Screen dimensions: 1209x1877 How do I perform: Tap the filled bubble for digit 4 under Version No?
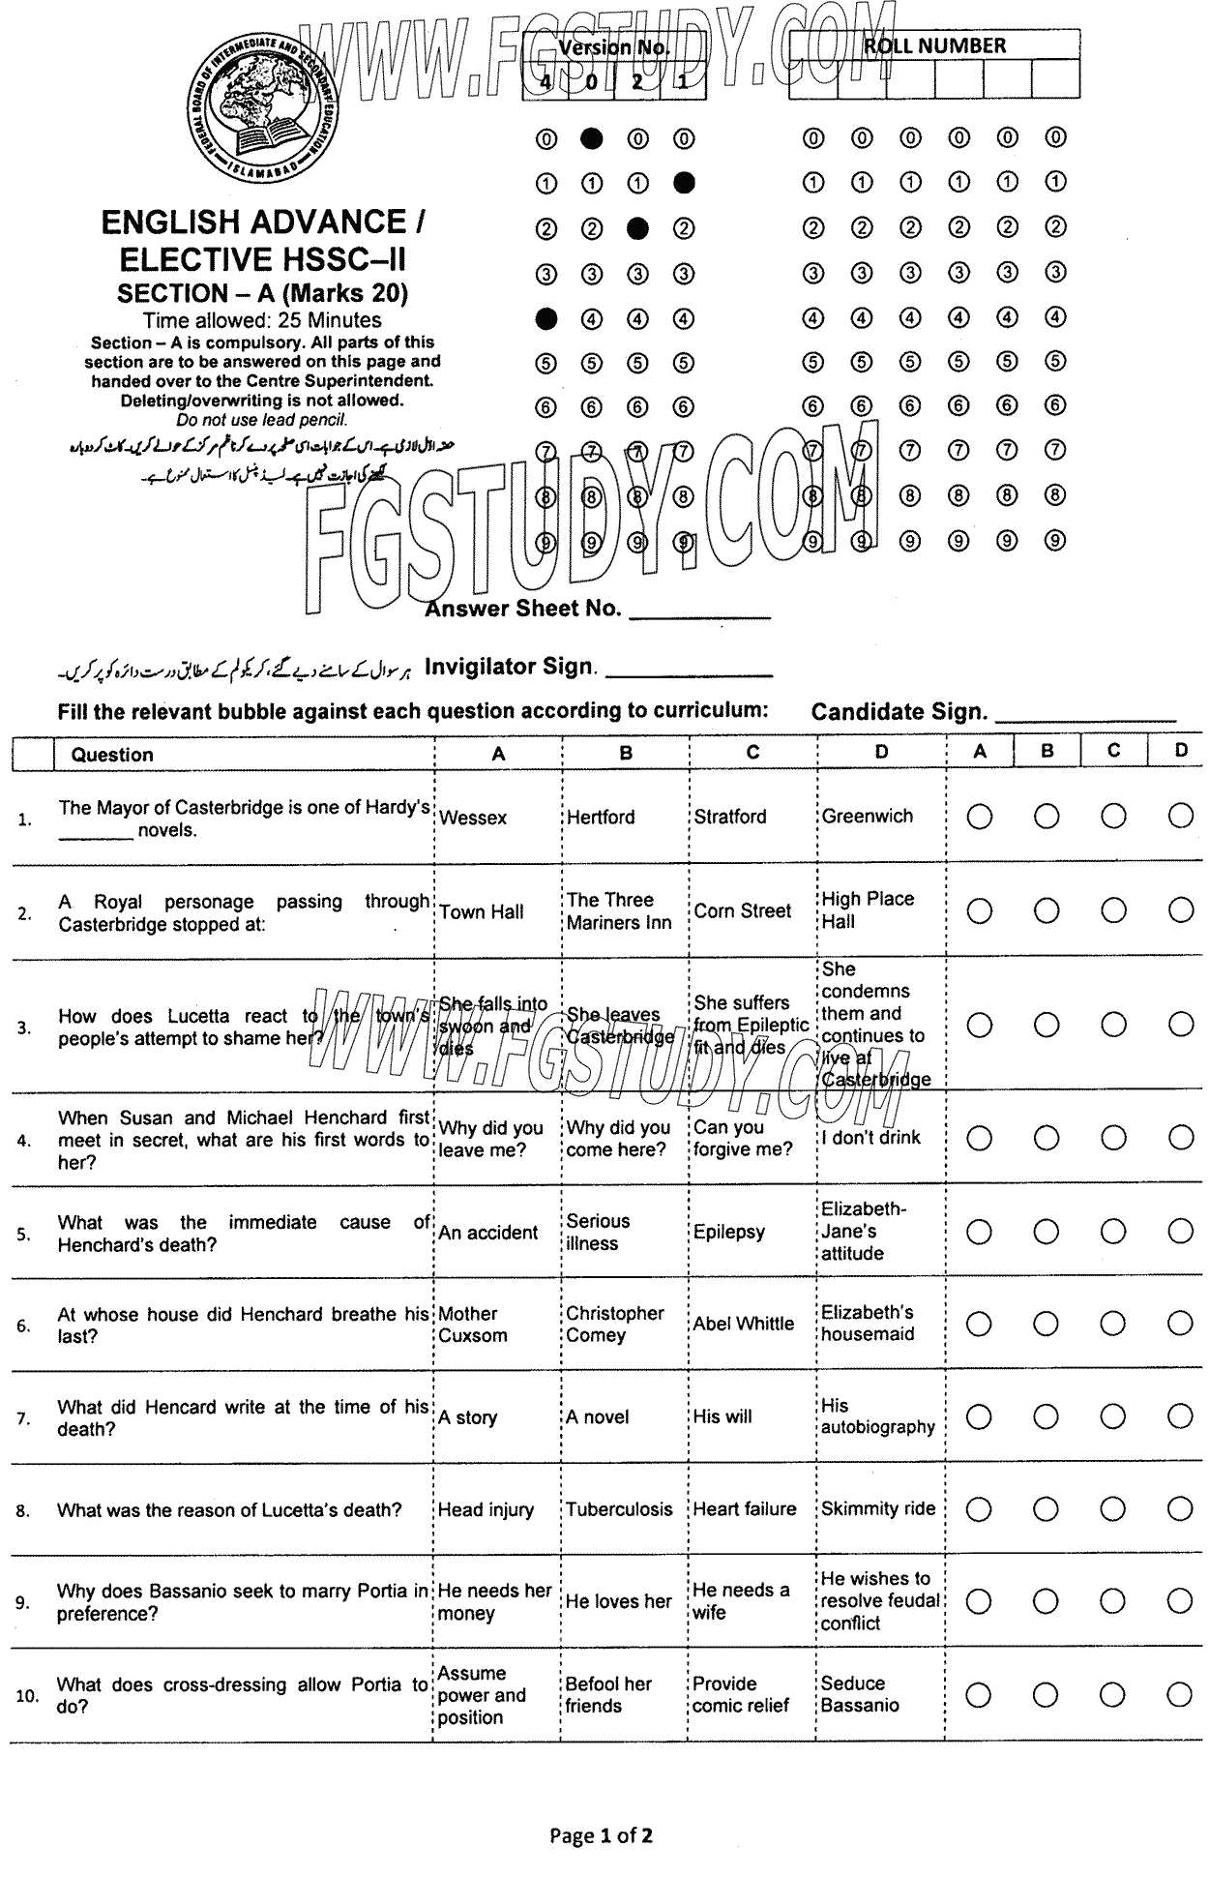(546, 317)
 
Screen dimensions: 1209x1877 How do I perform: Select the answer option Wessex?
(473, 818)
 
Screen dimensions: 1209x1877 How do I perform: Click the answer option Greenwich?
(867, 816)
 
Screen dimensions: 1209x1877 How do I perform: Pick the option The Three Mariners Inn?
(618, 910)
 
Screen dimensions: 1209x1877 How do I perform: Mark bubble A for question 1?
(979, 818)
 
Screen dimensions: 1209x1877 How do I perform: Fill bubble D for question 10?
(1180, 1694)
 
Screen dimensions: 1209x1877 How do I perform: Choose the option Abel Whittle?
(743, 1324)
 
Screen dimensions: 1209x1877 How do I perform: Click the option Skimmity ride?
(877, 1508)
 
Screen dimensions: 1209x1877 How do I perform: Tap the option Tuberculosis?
(619, 1509)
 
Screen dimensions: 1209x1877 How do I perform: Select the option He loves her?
(618, 1601)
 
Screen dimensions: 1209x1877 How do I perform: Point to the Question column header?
(112, 755)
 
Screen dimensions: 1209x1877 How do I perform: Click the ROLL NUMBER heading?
(933, 45)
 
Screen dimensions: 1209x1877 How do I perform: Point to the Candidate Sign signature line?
(1084, 717)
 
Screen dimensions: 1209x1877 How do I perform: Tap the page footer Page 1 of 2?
(601, 1835)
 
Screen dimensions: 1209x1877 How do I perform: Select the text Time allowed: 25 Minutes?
(262, 320)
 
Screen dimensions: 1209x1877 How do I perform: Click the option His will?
(722, 1416)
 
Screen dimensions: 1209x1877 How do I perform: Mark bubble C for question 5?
(1113, 1232)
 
